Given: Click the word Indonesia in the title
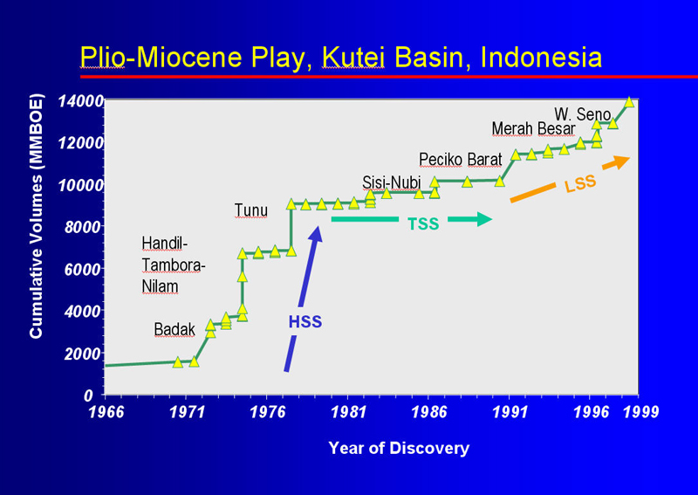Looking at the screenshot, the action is click(x=541, y=58).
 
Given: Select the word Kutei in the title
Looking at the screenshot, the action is click(x=353, y=58).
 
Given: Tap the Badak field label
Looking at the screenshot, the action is click(x=174, y=330).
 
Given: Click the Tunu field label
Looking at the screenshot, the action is click(x=251, y=210).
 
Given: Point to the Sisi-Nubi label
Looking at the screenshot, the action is click(x=391, y=182).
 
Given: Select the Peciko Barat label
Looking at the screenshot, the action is click(x=461, y=160).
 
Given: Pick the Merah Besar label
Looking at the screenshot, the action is click(x=533, y=128).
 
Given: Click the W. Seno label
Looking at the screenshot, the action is click(x=582, y=114).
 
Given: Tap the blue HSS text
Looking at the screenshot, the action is click(x=305, y=321).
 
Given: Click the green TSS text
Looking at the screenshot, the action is click(x=423, y=223).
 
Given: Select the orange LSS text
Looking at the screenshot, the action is click(x=580, y=183).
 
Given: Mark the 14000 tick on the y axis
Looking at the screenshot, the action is click(x=81, y=101).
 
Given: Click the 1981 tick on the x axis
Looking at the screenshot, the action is click(x=348, y=412).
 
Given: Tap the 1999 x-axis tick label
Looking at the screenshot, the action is click(x=640, y=412).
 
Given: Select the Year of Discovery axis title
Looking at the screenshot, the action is click(x=399, y=448).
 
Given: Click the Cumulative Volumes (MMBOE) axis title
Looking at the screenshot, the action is click(x=36, y=217).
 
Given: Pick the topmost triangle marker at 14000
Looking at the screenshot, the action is click(x=629, y=101).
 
